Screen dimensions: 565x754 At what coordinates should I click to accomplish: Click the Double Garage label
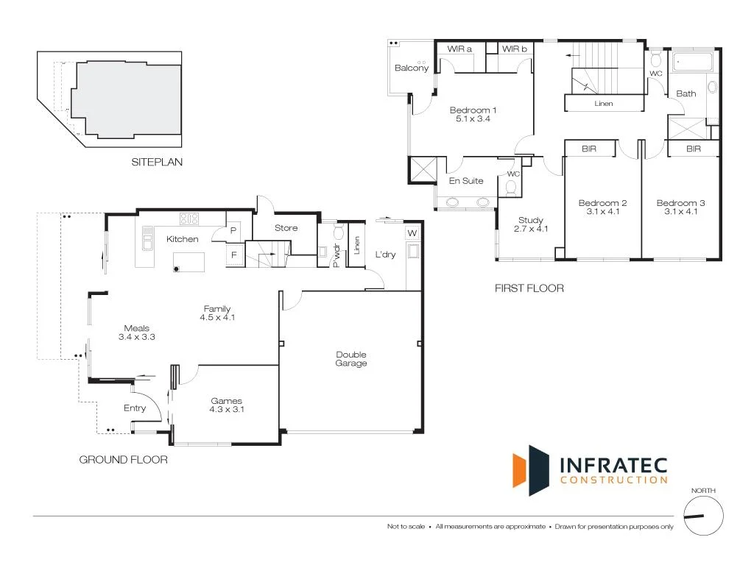click(350, 359)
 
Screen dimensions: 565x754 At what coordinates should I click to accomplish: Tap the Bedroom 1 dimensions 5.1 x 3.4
click(473, 119)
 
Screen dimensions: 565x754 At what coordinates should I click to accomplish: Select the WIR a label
click(459, 49)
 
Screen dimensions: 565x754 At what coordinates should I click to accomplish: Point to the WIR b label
click(515, 49)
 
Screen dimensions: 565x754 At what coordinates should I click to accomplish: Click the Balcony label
click(412, 68)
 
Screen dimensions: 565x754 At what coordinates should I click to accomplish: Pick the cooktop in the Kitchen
click(190, 218)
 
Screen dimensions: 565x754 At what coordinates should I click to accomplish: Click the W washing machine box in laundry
click(411, 234)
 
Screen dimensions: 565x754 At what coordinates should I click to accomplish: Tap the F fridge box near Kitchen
click(234, 255)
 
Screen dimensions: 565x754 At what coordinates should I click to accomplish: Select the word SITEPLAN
click(157, 163)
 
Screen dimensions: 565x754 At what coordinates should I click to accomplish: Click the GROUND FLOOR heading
click(123, 460)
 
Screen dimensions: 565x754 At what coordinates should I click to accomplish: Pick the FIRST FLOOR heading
click(529, 288)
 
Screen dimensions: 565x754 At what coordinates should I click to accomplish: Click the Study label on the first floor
click(530, 220)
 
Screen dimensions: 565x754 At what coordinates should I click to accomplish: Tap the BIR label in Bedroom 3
click(693, 149)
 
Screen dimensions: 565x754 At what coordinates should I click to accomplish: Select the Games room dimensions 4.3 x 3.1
click(226, 409)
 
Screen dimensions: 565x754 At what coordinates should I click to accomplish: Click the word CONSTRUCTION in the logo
click(614, 480)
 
